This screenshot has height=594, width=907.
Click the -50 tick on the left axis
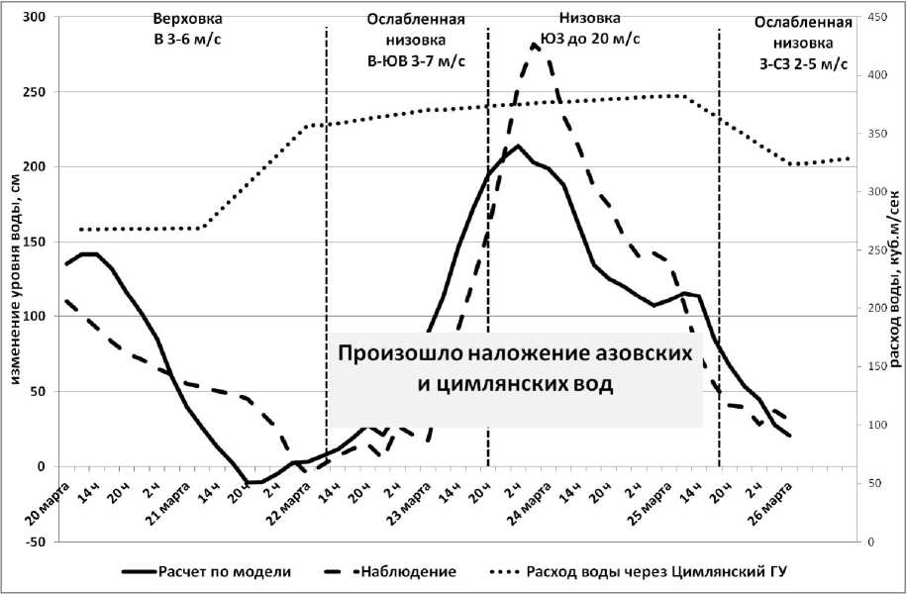click(39, 542)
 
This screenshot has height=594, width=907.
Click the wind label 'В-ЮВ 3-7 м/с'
click(416, 61)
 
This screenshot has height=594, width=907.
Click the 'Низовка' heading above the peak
click(590, 18)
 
